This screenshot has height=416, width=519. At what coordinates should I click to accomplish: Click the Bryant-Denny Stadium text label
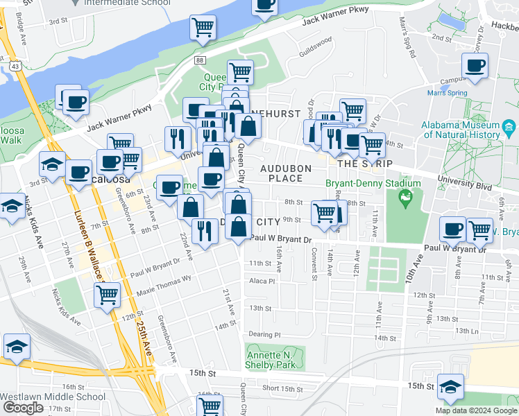373,184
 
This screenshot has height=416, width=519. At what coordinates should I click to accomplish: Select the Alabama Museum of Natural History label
470,129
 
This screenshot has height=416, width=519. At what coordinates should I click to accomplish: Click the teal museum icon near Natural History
509,127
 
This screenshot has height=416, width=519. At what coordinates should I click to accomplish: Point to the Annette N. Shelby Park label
271,360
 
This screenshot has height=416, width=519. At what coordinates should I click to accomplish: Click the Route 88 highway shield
200,61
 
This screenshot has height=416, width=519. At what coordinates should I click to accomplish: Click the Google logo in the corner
23,407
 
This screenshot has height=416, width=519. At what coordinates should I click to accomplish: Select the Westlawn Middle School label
53,398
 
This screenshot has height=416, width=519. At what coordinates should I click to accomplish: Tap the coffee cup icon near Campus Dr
475,67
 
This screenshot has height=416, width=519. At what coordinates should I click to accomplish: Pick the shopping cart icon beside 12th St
107,295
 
